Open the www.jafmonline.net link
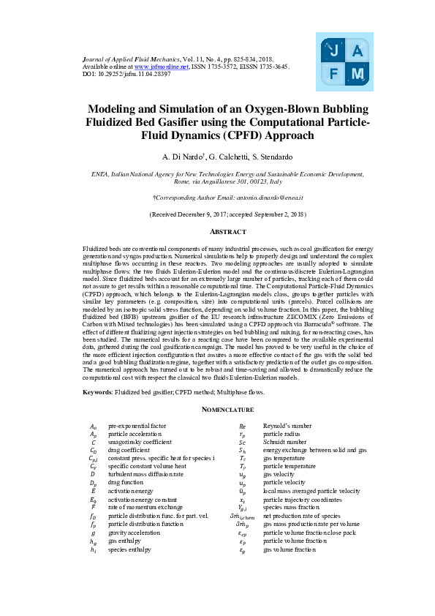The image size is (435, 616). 159,66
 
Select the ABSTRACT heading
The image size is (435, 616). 217,231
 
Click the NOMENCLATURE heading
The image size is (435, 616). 217,410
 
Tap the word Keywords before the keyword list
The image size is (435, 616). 97,393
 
